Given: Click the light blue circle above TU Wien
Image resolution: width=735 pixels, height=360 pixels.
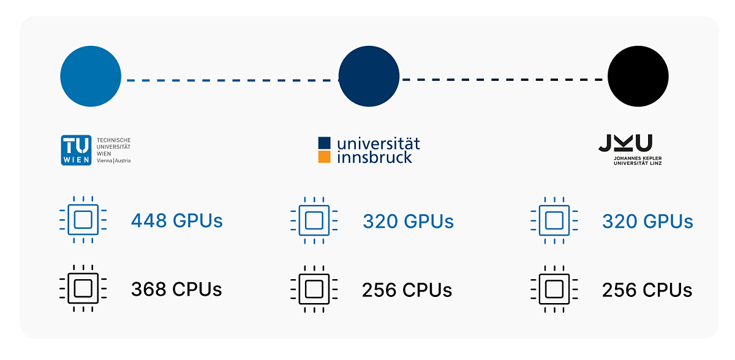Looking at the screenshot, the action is [91, 76].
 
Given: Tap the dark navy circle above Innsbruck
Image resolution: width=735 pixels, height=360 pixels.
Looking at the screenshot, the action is [369, 76].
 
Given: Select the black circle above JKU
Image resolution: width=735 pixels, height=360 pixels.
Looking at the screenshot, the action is [638, 76].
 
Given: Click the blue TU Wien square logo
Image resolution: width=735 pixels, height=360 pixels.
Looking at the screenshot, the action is [76, 150].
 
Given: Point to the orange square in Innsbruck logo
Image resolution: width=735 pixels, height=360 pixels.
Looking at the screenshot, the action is [324, 157].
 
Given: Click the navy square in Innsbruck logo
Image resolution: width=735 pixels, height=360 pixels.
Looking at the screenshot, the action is [324, 143].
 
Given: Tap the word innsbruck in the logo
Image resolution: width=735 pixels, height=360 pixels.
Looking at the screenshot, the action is [374, 157].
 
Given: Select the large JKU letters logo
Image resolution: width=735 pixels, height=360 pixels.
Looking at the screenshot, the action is [625, 143].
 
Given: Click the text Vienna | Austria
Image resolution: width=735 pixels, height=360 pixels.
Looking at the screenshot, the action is [113, 160].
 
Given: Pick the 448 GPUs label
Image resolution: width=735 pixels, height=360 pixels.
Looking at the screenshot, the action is [177, 220].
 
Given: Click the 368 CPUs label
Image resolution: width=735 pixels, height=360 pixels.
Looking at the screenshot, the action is [176, 289].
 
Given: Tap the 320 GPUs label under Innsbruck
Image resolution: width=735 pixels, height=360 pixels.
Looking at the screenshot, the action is [408, 221].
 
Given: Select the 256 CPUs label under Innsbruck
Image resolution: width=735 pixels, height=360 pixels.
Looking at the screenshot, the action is [407, 290].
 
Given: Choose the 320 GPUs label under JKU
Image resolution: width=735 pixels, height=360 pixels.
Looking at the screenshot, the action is [647, 221].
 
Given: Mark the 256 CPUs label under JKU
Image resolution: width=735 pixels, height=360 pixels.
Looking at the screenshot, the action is [647, 290].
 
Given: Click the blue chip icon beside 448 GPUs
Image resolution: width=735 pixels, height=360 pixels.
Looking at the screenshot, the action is [83, 220].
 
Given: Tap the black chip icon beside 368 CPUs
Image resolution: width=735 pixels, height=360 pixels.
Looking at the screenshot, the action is [83, 288].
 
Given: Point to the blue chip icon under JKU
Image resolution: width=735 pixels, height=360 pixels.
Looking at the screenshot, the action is [554, 220].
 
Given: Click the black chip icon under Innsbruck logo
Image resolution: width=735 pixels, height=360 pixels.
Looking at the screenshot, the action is [314, 289].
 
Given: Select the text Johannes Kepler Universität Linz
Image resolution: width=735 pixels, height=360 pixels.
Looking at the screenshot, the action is [638, 160].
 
